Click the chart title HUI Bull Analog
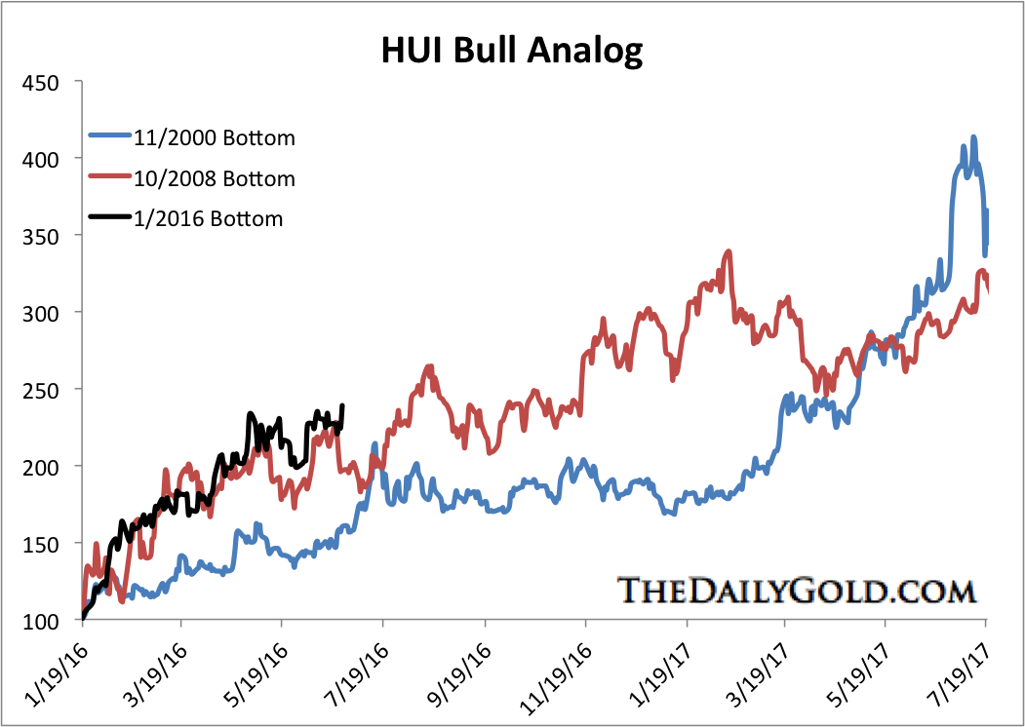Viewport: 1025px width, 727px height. (x=512, y=50)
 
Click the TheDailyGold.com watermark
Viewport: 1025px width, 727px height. (x=797, y=590)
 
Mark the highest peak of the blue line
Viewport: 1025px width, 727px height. (x=973, y=137)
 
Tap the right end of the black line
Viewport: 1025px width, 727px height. (x=341, y=405)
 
